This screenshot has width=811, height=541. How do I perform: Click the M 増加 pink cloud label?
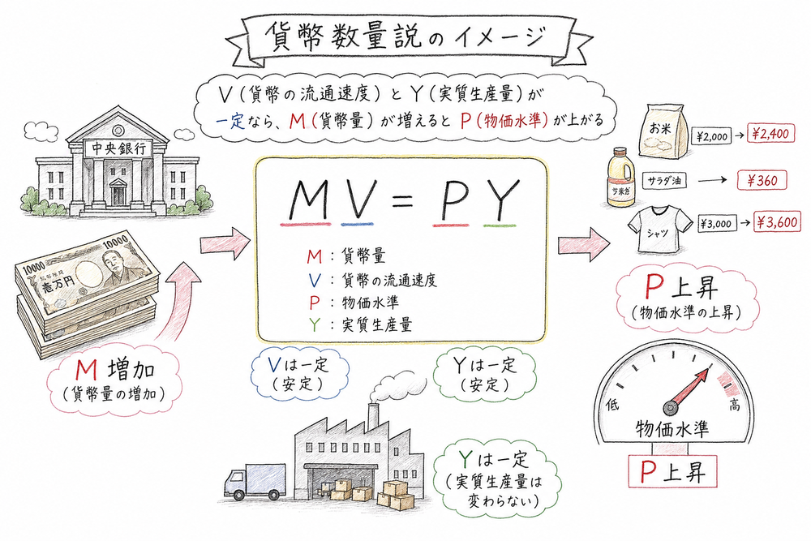(114, 380)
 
